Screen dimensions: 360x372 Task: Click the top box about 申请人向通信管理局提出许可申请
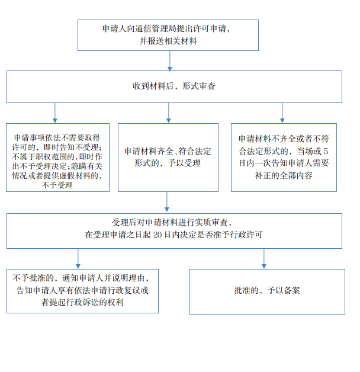(168, 35)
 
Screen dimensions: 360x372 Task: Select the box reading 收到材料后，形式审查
(174, 86)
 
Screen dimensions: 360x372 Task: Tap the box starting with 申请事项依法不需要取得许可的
(57, 158)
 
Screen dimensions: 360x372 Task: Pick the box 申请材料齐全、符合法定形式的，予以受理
(168, 158)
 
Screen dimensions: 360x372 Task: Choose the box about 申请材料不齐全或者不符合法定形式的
(284, 158)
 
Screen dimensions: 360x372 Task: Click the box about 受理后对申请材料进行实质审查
(174, 231)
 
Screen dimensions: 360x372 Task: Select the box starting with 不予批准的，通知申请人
(82, 291)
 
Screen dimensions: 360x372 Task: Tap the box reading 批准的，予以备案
(267, 291)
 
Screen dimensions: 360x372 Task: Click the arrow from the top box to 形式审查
(170, 61)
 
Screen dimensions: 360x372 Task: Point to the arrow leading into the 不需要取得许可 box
(55, 113)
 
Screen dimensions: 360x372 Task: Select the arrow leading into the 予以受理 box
(169, 113)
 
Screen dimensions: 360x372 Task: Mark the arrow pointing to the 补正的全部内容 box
(282, 113)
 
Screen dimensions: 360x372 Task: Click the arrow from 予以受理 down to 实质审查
(167, 201)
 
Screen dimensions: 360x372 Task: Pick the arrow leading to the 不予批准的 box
(78, 259)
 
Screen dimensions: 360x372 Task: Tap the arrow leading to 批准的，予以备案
(264, 259)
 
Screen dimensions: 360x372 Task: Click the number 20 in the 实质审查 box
(157, 235)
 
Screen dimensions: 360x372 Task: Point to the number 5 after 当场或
(326, 151)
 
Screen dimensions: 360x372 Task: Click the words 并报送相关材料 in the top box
(168, 41)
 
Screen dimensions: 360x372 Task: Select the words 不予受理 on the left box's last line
(57, 185)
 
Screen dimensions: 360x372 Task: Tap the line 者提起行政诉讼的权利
(82, 302)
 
